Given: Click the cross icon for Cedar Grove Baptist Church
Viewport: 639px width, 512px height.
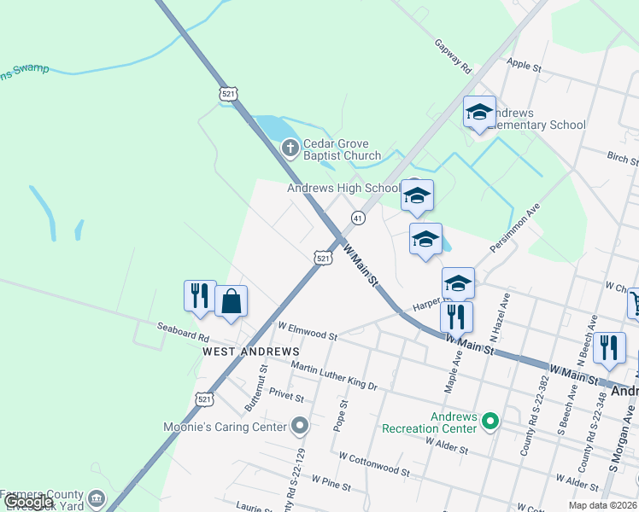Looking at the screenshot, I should [x=290, y=148].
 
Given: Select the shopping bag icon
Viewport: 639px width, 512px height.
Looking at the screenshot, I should [x=232, y=301].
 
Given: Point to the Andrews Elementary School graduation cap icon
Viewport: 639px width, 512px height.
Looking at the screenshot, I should [x=479, y=112].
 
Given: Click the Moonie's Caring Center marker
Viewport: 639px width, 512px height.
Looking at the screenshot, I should [x=299, y=424].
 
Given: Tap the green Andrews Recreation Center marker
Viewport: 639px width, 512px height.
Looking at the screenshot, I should [x=490, y=421].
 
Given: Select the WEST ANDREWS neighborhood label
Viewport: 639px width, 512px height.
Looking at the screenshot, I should [x=251, y=351].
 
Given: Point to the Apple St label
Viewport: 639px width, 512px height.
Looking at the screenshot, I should [x=525, y=65].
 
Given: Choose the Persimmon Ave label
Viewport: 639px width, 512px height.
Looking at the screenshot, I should [x=516, y=228].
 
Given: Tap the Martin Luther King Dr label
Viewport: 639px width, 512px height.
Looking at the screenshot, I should [x=334, y=376].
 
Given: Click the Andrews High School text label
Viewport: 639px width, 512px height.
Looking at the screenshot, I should [x=343, y=188].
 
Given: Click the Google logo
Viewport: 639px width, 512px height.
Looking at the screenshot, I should [x=28, y=503].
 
